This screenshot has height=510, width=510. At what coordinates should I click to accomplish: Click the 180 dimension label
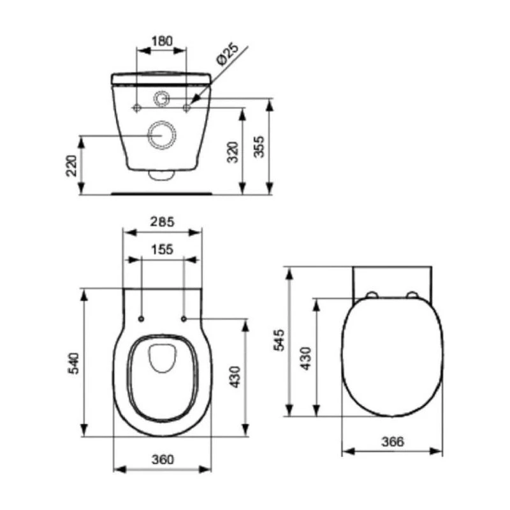[162, 41]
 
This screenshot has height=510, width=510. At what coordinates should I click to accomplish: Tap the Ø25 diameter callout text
[228, 54]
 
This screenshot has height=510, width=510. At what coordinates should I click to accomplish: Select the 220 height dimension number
[71, 166]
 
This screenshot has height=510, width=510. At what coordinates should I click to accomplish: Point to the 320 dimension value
[233, 152]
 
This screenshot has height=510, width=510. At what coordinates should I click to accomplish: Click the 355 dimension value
[259, 147]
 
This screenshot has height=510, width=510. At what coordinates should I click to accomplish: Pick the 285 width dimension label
[162, 222]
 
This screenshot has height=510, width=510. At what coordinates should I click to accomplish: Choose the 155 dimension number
[162, 249]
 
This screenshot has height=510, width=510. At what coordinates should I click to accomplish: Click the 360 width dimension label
[163, 459]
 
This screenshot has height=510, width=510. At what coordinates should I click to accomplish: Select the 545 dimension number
[279, 340]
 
